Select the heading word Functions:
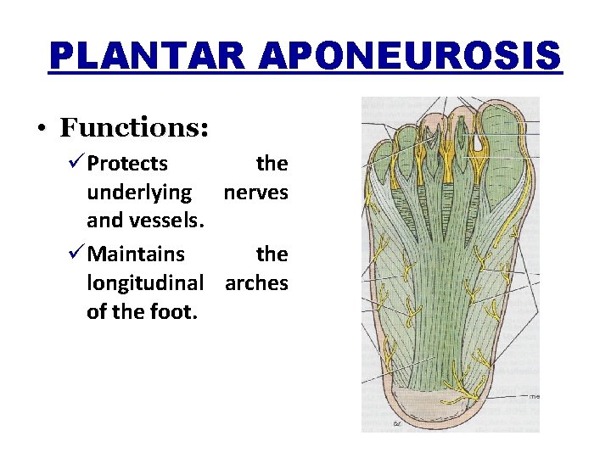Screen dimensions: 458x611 tap(134, 128)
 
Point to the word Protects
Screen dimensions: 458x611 tap(127, 163)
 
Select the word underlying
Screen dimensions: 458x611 tap(139, 193)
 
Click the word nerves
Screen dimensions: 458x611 tap(255, 193)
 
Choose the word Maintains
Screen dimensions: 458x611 tap(136, 254)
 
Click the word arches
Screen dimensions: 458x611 tap(256, 282)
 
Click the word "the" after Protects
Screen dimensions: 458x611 tap(272, 163)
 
